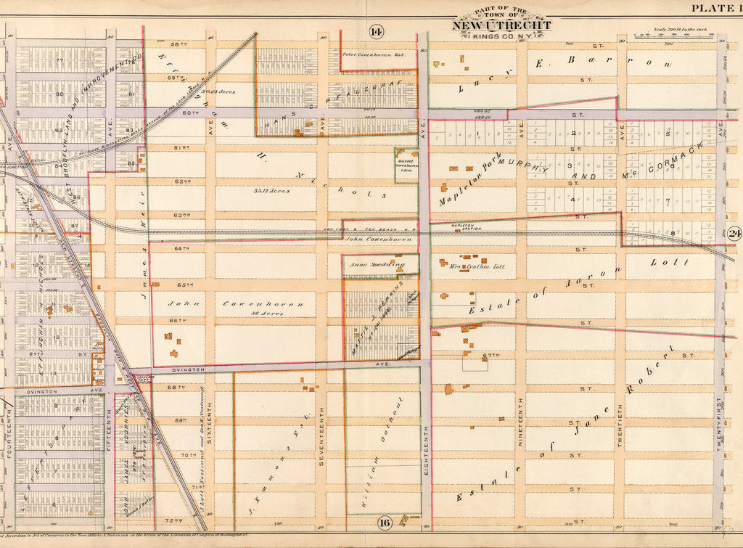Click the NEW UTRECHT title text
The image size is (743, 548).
[x=501, y=25]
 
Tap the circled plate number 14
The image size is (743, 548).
[x=376, y=30]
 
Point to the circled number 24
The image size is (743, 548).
[x=734, y=234]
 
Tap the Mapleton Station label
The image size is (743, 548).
[x=447, y=227]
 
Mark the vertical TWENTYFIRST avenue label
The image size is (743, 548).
[x=719, y=428]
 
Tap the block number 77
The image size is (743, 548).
[x=60, y=61]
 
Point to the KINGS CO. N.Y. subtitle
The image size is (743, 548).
[x=501, y=36]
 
